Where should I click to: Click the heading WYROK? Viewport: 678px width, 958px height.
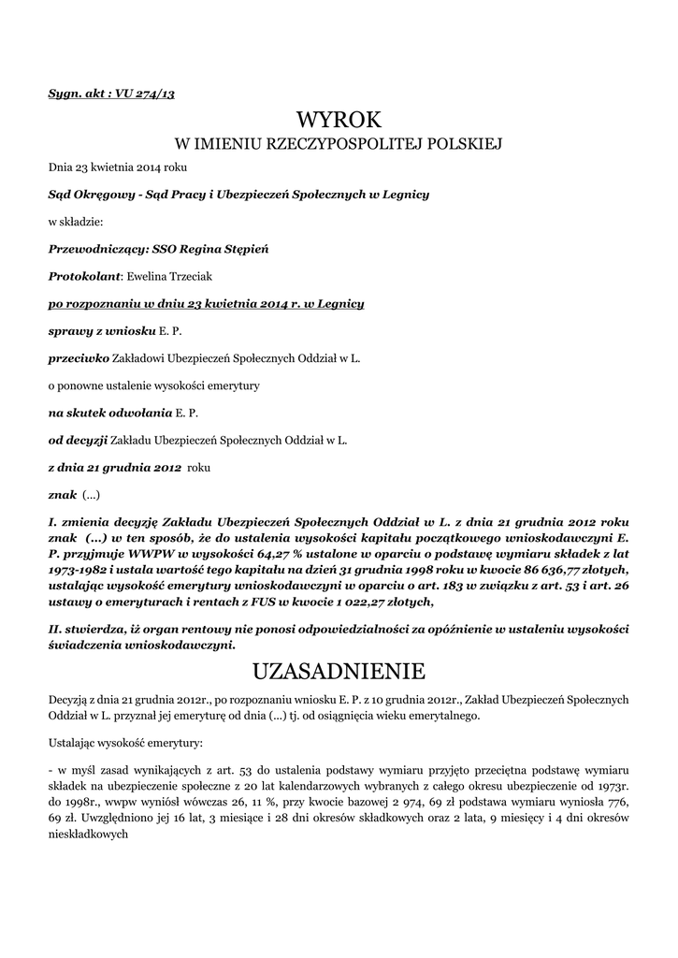pos(339,119)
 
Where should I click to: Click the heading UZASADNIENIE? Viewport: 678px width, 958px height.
pos(339,672)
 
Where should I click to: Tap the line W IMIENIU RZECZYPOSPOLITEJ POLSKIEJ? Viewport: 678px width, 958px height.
pos(339,144)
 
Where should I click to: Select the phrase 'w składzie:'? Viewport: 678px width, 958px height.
pos(76,223)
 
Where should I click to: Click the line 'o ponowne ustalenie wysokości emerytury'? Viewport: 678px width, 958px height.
pos(153,385)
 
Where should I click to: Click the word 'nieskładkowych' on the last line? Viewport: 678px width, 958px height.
pos(87,835)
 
